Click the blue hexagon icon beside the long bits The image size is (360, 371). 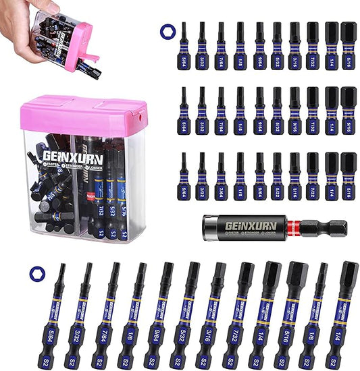click(x=34, y=273)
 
